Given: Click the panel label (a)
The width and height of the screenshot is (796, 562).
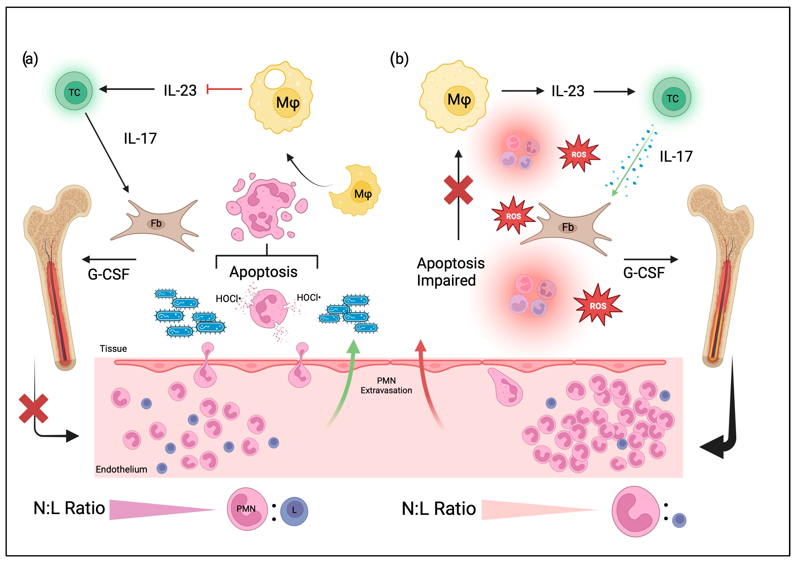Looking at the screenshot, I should point(30,59).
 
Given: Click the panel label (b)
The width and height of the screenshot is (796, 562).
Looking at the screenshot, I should point(399,59).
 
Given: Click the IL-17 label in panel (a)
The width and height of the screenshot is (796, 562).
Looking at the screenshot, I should point(140,139).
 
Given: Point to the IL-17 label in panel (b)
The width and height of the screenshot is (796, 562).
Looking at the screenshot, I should point(676,157).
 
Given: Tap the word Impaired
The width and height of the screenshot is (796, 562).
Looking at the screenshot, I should point(446,280).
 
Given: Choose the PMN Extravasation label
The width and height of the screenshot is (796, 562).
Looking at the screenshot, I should point(386,385).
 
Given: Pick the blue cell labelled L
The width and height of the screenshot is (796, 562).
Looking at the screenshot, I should point(294,511).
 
